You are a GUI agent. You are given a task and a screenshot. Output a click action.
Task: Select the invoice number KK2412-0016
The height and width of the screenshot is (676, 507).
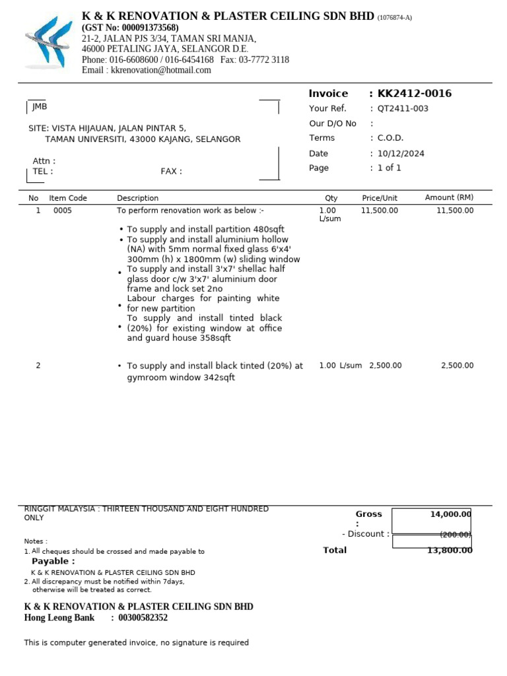tap(415, 94)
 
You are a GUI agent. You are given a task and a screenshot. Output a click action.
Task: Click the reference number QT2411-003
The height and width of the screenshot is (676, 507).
tap(403, 109)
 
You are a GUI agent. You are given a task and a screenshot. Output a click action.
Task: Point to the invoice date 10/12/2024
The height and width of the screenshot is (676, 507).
tap(401, 154)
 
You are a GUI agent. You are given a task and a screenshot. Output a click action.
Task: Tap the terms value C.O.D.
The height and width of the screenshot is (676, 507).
tap(390, 139)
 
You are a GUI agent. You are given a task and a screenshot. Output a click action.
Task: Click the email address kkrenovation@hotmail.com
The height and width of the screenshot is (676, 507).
tap(161, 70)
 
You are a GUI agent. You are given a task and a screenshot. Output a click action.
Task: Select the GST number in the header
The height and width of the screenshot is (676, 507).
tap(130, 28)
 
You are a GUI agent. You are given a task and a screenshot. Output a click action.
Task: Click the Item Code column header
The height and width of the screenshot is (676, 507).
tap(68, 198)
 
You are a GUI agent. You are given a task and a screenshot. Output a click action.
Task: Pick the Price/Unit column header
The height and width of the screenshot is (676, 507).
tap(380, 198)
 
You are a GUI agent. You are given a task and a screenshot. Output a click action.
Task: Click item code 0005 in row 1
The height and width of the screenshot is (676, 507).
tap(63, 211)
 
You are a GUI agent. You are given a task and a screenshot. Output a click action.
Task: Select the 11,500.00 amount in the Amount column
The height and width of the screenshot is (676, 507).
tap(455, 211)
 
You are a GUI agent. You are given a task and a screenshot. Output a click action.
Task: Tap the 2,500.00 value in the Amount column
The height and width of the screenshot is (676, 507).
tap(457, 366)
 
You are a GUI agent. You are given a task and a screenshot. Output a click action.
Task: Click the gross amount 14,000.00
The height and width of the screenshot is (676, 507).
tap(450, 514)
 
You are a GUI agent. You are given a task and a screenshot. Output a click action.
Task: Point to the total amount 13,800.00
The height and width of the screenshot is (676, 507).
tap(446, 551)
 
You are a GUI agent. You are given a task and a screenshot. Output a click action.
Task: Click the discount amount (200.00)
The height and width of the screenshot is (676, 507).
tap(456, 535)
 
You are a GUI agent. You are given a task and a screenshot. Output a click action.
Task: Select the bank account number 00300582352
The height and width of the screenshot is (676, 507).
tap(143, 618)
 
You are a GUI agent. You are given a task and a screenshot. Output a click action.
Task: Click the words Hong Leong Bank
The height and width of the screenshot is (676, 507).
tap(55, 618)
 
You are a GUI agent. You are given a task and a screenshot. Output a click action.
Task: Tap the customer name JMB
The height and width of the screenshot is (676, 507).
tap(40, 107)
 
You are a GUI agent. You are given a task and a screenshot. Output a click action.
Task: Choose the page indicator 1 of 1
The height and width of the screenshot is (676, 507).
tap(389, 168)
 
